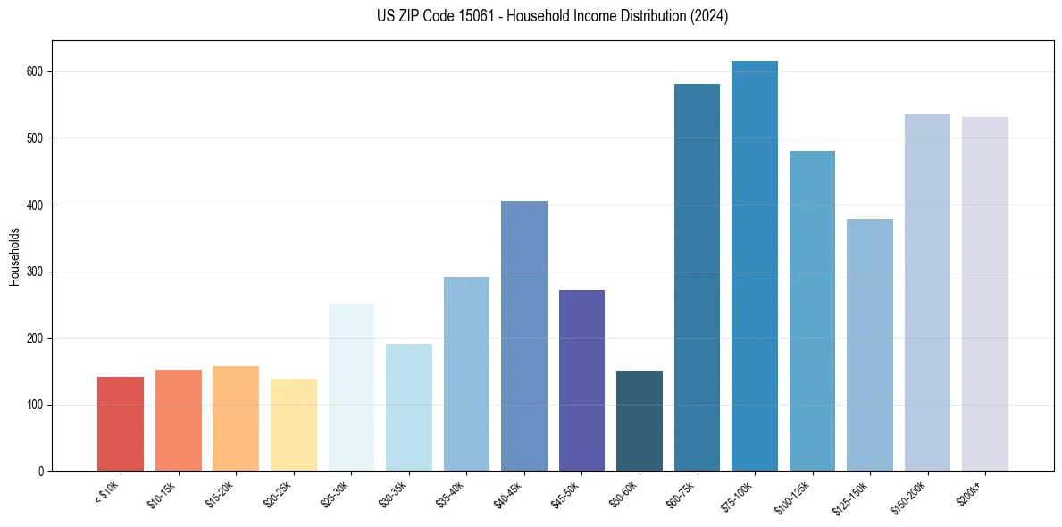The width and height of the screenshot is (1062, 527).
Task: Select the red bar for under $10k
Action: pyautogui.click(x=121, y=424)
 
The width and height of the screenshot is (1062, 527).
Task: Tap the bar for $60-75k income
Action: pyautogui.click(x=697, y=278)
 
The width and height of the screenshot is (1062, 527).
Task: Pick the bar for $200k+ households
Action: pyautogui.click(x=984, y=294)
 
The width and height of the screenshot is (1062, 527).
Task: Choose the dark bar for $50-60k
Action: pyautogui.click(x=640, y=421)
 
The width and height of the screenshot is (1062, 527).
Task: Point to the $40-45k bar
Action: pyautogui.click(x=524, y=336)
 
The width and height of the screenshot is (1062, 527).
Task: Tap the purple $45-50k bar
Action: pyautogui.click(x=581, y=381)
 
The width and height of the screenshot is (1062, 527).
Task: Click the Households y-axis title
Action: pyautogui.click(x=15, y=256)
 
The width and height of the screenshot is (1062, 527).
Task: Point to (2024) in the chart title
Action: pyautogui.click(x=709, y=16)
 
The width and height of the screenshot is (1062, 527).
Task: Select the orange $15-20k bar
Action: pyautogui.click(x=236, y=419)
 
